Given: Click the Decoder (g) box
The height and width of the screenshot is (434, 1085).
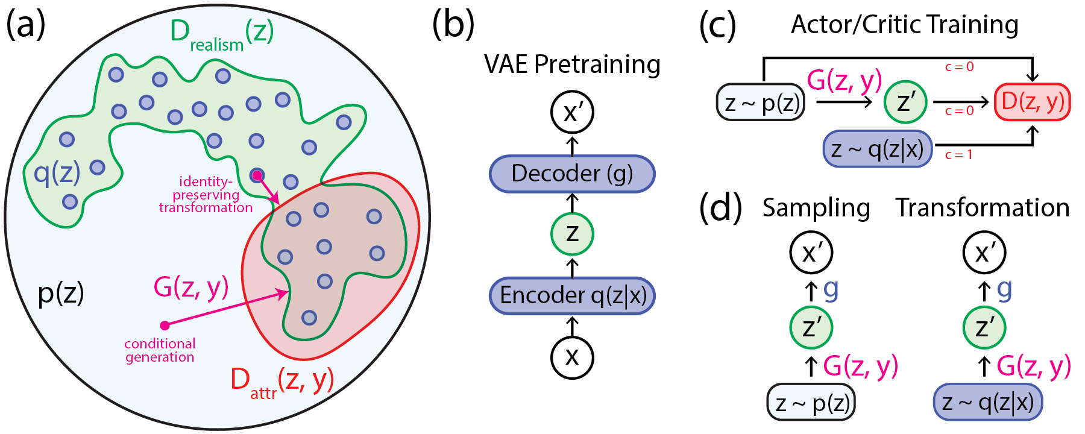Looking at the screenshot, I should [x=572, y=174].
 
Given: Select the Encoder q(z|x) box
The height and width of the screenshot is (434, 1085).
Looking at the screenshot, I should [x=572, y=295].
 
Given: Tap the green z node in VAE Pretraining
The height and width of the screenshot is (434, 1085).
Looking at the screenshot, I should [x=572, y=234].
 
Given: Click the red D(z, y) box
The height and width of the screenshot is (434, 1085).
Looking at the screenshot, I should [x=1032, y=102].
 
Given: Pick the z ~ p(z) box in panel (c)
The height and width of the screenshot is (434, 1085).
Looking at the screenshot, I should [x=761, y=102].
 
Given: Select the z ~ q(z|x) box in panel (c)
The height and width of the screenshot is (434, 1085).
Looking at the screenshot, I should [x=878, y=148].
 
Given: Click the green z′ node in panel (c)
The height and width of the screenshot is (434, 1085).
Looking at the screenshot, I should [x=905, y=102].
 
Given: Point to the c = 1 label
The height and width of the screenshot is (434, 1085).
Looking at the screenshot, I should [x=958, y=155].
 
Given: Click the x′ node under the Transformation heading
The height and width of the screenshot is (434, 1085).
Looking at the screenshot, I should [x=984, y=253].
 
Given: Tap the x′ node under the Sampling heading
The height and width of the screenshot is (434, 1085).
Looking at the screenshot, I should [x=811, y=253].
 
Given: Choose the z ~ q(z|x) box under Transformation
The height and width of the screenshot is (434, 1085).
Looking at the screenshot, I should [x=987, y=402].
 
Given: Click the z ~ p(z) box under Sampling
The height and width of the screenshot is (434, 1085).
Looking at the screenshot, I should [x=811, y=402].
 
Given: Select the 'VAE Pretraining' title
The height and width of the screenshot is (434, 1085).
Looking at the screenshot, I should [x=572, y=64].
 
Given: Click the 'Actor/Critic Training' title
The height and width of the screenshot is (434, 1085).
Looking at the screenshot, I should [x=904, y=25].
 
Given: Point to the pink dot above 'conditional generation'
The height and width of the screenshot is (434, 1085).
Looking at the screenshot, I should [x=165, y=325].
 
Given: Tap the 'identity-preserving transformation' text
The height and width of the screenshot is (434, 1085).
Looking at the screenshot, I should [x=206, y=195].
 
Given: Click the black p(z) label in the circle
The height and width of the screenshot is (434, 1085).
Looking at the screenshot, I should [x=61, y=294].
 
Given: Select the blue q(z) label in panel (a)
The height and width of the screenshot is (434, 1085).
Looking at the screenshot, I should [x=57, y=173].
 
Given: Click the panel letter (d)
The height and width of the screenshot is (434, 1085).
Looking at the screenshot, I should [x=720, y=208].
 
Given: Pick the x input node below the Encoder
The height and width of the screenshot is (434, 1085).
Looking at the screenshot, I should [x=572, y=357].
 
